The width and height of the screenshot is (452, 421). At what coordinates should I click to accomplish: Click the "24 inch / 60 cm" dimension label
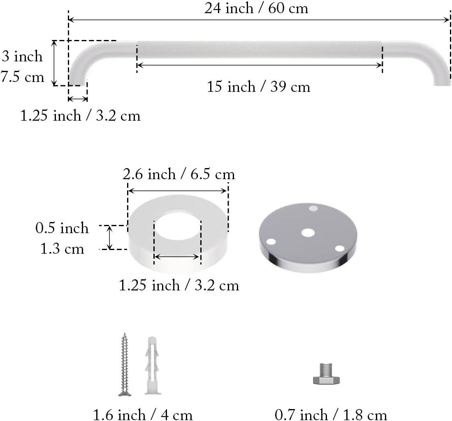[256, 8]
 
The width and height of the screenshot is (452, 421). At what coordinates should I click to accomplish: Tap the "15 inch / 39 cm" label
[258, 87]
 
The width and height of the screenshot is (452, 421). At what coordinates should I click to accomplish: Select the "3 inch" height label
[22, 56]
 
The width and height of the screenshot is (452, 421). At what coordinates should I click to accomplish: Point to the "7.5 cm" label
[22, 77]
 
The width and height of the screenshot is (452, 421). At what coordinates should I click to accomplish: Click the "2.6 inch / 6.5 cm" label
[179, 175]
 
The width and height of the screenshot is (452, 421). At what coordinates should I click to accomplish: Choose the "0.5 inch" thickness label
[62, 228]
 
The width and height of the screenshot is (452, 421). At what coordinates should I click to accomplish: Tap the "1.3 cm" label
[62, 249]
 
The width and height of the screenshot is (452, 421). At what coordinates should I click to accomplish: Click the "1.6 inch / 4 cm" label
[143, 415]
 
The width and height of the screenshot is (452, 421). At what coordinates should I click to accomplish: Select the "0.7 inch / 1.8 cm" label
[331, 415]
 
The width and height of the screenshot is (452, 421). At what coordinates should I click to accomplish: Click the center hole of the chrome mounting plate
[308, 233]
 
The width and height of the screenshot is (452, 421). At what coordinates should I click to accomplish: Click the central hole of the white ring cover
[178, 231]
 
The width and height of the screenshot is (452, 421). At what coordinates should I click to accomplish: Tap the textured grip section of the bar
[259, 50]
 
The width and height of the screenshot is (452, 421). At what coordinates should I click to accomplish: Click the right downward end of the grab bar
[442, 74]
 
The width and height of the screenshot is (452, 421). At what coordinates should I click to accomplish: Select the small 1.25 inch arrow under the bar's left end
[78, 99]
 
